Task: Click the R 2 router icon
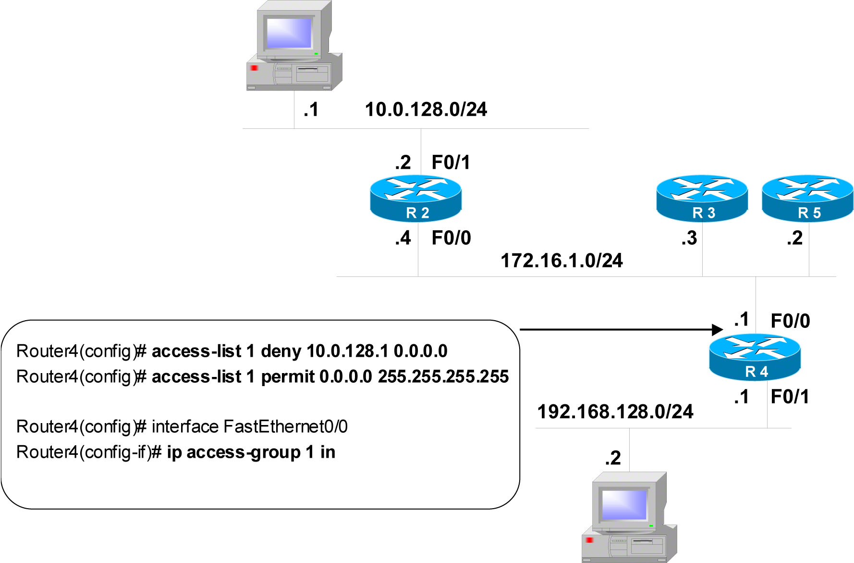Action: click(415, 198)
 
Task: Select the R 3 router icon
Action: click(702, 198)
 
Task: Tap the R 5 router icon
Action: click(807, 198)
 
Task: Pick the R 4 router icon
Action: click(755, 357)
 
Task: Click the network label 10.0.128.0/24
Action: click(426, 110)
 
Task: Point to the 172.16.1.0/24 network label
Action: click(561, 261)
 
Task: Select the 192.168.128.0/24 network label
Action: click(615, 412)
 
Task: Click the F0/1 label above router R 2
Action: click(451, 163)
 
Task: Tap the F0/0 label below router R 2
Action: click(451, 238)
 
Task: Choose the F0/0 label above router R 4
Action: click(791, 321)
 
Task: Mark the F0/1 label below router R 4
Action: click(790, 397)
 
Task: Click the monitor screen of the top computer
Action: click(289, 33)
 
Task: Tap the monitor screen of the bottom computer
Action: click(624, 505)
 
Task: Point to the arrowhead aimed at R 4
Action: click(718, 329)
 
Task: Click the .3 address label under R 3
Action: click(689, 238)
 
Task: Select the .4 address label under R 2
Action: click(403, 238)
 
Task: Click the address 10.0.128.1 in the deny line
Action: click(347, 351)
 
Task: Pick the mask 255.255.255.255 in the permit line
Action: click(443, 376)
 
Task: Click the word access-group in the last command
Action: click(244, 452)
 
